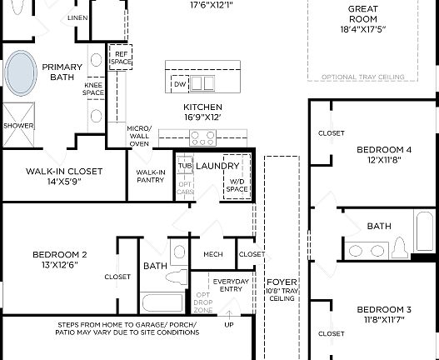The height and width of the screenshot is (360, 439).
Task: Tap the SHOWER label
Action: tap(18, 126)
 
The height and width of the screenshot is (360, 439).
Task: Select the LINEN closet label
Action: tap(77, 17)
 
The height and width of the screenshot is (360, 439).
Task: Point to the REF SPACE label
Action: tap(121, 58)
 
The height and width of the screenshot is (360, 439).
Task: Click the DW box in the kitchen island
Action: tap(179, 84)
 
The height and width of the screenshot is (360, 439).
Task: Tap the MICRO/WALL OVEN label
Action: tap(138, 136)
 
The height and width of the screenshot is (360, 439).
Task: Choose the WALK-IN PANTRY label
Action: tap(150, 176)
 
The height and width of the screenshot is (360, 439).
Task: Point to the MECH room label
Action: tap(212, 254)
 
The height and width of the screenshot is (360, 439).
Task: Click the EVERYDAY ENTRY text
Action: tap(230, 285)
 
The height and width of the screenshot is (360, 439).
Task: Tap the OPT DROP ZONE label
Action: tap(202, 302)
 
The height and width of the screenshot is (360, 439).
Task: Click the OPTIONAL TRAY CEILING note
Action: tap(363, 77)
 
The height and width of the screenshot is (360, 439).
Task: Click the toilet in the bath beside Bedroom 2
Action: tap(177, 252)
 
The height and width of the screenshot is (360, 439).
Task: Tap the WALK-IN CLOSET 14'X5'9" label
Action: tap(64, 176)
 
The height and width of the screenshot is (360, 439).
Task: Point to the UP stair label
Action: tap(229, 324)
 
